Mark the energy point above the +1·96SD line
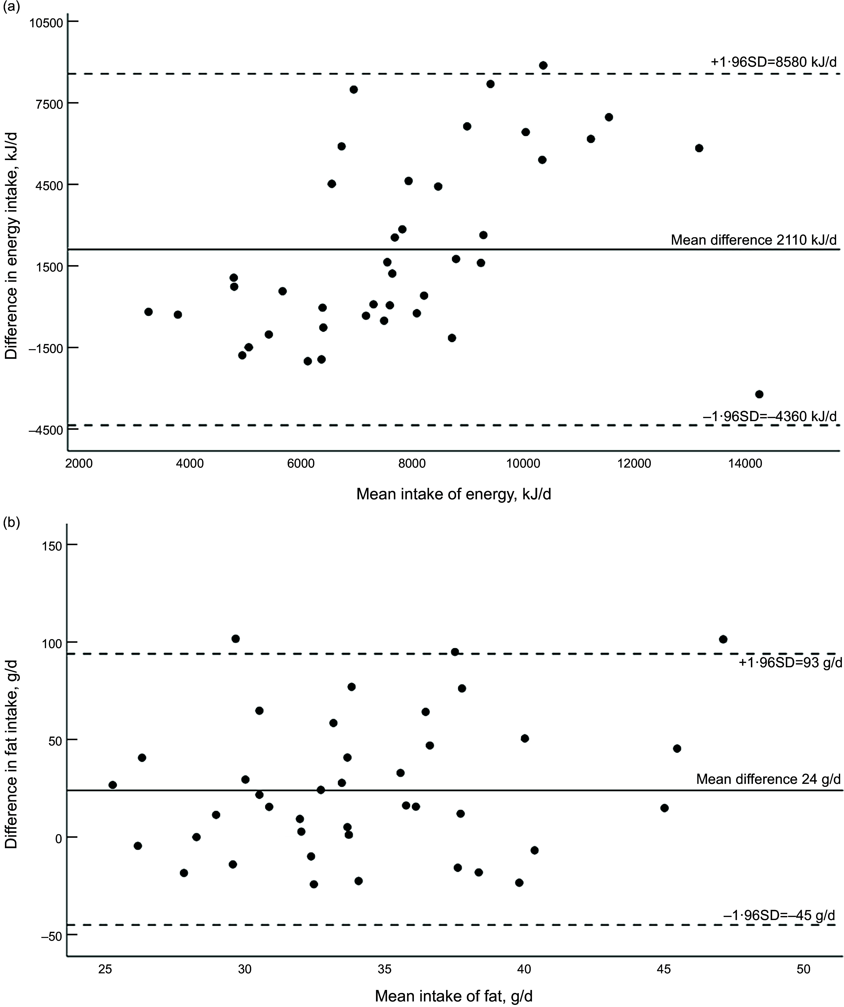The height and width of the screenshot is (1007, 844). pos(543,65)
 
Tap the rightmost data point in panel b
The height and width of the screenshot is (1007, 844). pos(723,639)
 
